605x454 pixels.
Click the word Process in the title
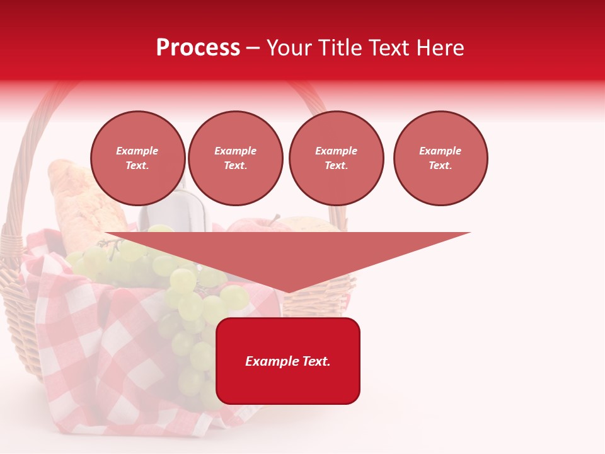pos(198,48)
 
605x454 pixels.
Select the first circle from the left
pos(137,158)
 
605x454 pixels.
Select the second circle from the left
pos(235,158)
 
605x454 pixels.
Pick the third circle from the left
pos(336,158)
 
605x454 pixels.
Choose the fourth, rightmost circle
pos(440,158)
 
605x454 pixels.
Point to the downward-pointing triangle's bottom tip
pos(288,292)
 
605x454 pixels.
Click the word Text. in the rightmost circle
pos(440,165)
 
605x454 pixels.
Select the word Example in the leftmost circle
pos(137,151)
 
